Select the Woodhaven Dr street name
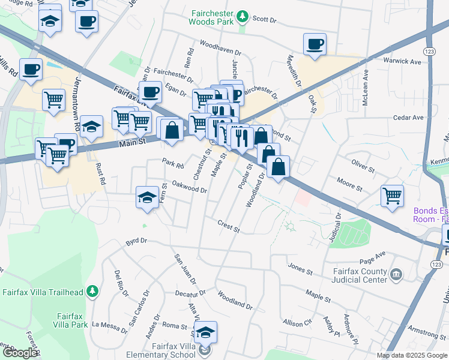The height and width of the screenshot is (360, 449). tap(219, 45)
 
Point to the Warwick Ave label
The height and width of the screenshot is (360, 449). tap(402, 61)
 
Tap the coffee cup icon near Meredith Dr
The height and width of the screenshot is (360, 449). tap(315, 44)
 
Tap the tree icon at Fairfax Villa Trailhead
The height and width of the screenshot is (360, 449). tap(92, 292)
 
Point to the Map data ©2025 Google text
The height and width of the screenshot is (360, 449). tap(411, 355)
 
